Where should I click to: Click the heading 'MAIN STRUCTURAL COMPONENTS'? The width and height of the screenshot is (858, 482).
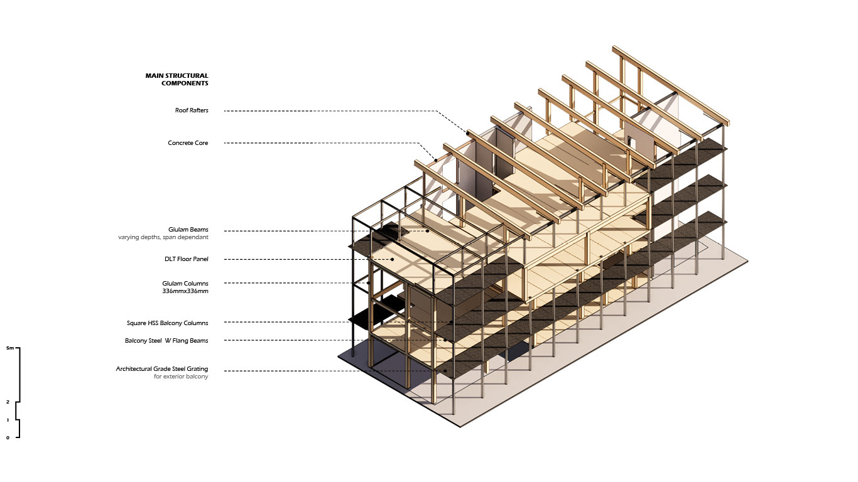coord(177,79)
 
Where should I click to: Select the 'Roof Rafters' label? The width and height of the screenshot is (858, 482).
coord(192,110)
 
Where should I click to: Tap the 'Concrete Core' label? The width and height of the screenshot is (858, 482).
coord(188,143)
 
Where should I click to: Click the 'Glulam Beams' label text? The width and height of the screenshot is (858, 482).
coord(188,230)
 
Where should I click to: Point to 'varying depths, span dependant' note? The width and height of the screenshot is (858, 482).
coord(163,238)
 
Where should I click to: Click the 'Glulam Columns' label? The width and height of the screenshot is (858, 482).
coord(185,283)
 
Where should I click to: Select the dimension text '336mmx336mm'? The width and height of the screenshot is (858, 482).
coord(185,291)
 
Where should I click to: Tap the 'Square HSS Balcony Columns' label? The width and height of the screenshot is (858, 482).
coord(167,323)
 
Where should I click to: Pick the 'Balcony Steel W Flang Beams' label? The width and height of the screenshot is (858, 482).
coord(166,341)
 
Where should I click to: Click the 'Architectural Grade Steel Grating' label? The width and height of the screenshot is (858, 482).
coord(162,368)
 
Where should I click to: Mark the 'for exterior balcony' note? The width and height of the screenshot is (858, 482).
coord(181,377)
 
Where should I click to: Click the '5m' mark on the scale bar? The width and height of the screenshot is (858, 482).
coord(9,348)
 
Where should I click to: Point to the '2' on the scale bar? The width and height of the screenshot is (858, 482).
coord(8,402)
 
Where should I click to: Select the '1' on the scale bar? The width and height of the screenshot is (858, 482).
coord(8,420)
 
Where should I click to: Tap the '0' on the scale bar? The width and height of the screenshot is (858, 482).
coord(8,438)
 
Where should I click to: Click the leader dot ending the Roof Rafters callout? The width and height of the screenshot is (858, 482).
coord(467,132)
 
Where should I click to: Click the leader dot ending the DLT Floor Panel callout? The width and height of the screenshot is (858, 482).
coord(392,259)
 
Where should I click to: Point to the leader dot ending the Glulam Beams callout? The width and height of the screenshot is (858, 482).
coord(427,231)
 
